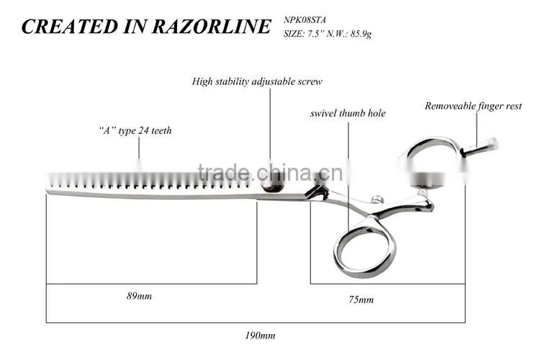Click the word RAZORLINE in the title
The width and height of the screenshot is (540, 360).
coord(211,27)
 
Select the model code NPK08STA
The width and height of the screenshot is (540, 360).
coord(305,20)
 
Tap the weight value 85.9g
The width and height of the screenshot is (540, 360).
coord(361,34)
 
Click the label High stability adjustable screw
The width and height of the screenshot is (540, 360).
coord(257,81)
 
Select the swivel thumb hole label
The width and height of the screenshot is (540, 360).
coord(348,113)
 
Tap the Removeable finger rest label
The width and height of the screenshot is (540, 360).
coord(473,106)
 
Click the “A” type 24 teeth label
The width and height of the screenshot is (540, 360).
coord(135,130)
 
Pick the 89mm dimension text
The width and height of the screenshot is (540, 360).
coord(139,296)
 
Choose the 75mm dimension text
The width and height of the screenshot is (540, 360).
coord(361,300)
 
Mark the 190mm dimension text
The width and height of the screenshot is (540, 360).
coord(260,336)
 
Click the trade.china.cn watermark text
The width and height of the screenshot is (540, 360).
coord(270,173)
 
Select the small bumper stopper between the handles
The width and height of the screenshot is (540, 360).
coord(378,199)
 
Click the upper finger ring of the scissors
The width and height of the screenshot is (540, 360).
coord(435,142)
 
